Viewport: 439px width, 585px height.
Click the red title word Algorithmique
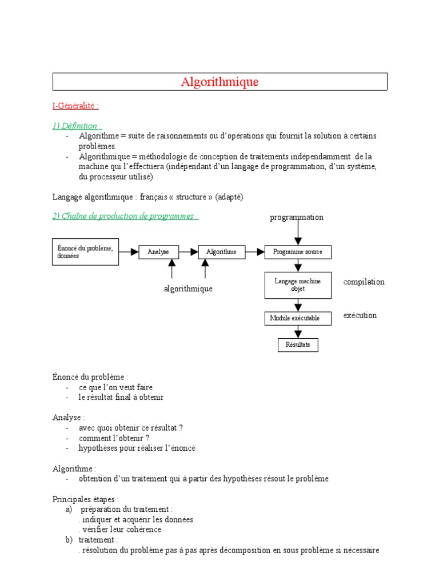pos(219,82)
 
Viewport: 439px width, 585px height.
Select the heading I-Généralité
pos(75,106)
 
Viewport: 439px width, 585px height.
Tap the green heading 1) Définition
pos(78,126)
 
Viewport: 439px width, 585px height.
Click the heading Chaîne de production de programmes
pos(126,216)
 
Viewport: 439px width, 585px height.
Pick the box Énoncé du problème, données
pos(86,252)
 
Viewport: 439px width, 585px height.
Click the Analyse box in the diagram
pos(158,252)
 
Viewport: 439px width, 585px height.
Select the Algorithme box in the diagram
pos(221,252)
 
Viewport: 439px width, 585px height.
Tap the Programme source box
pos(297,252)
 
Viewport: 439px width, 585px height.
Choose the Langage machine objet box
pos(297,285)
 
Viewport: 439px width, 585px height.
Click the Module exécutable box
pos(297,318)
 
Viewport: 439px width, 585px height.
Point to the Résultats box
pos(297,345)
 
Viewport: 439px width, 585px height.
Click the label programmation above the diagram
pos(297,218)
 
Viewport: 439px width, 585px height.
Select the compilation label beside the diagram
pos(364,282)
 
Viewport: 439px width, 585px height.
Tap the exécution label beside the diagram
pos(360,315)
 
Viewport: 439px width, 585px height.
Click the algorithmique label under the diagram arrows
pos(188,289)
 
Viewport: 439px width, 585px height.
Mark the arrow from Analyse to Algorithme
pos(188,252)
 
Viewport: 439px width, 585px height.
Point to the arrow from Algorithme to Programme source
pos(254,252)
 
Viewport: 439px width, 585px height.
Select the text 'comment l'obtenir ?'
pos(118,438)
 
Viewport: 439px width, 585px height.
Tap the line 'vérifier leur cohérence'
pos(121,530)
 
